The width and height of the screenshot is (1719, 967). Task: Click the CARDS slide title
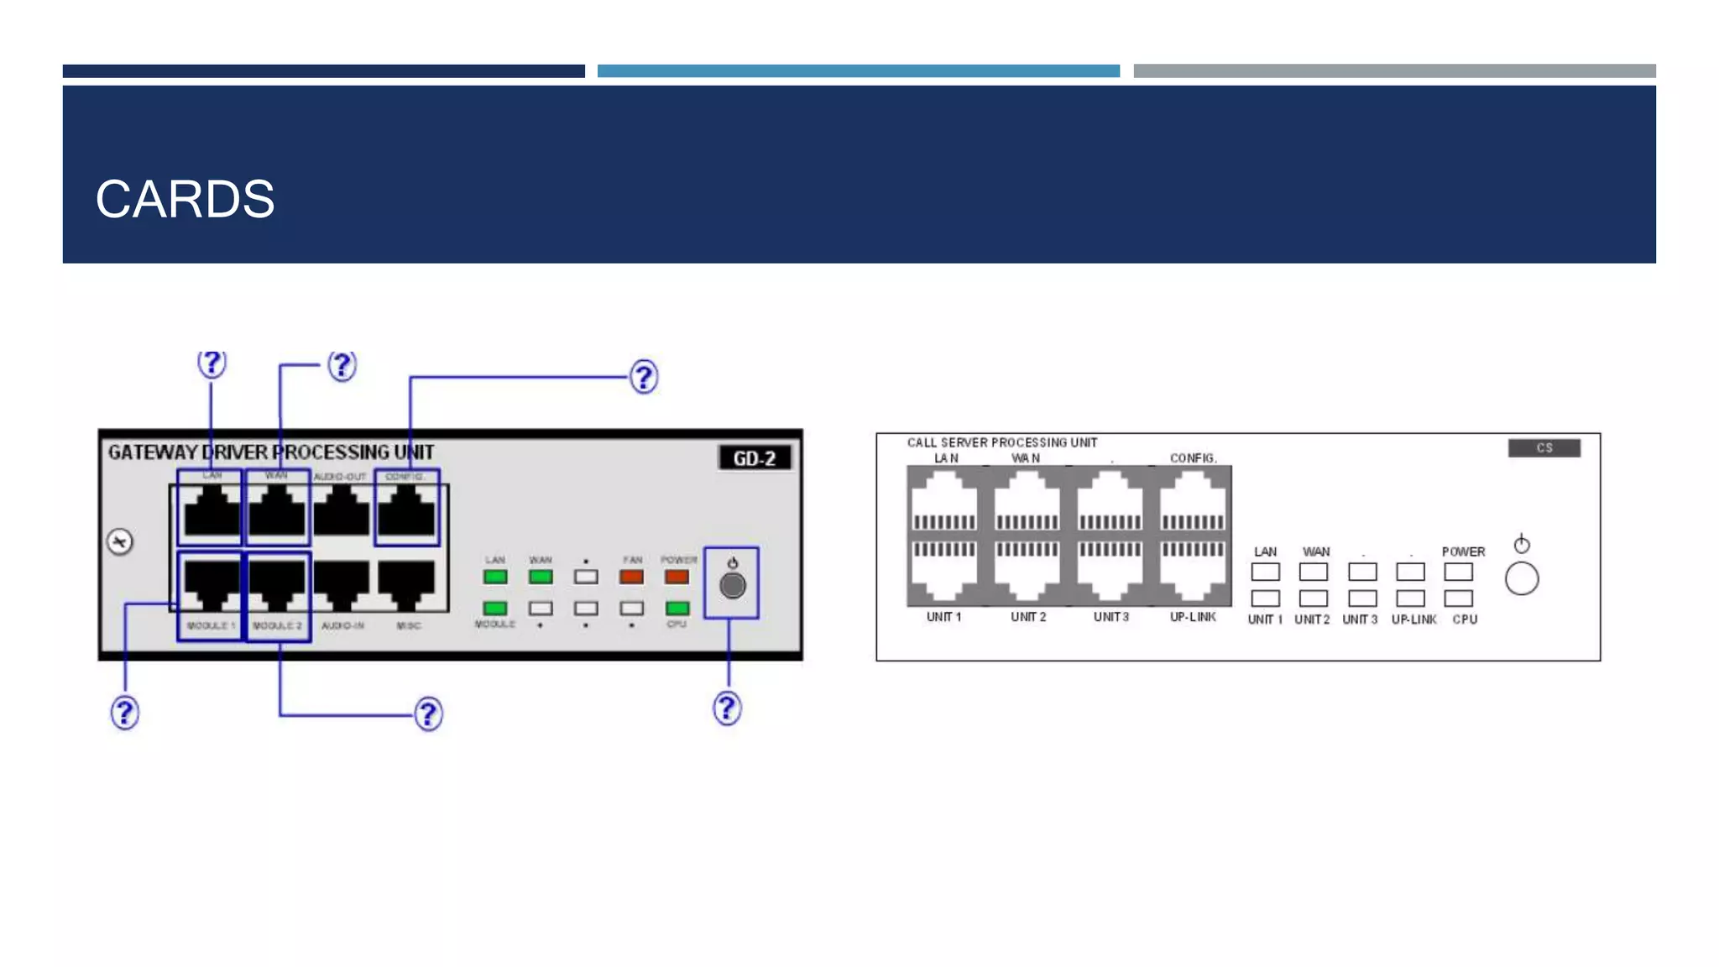point(185,200)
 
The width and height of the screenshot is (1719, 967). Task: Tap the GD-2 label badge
point(754,458)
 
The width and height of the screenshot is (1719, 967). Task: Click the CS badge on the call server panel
point(1544,448)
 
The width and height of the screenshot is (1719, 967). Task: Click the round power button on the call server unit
point(1521,579)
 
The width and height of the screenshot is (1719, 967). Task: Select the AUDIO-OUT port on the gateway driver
point(341,511)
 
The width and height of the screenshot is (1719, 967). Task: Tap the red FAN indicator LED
point(631,578)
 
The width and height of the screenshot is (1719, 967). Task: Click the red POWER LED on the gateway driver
point(677,578)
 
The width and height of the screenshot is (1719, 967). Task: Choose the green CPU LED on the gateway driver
point(677,608)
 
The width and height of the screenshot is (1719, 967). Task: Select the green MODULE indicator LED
point(495,608)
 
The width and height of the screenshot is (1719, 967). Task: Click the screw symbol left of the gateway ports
point(120,541)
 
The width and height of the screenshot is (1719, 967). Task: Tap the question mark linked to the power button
point(727,708)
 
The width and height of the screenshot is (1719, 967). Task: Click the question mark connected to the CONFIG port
point(644,377)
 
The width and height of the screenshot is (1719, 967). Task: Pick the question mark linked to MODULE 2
point(428,714)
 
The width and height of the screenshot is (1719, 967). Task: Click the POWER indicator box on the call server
point(1458,572)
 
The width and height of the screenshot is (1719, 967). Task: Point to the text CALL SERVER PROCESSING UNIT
point(1001,442)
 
